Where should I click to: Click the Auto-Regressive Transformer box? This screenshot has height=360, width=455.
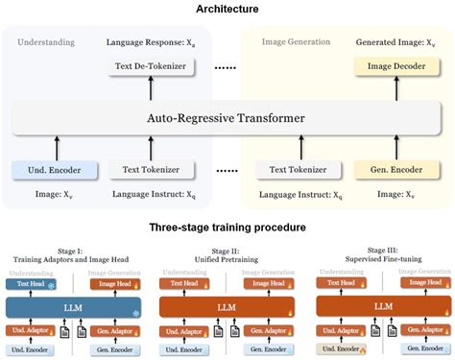tap(227, 119)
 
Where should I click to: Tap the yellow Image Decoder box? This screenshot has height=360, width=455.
tap(389, 67)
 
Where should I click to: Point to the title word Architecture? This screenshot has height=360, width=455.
tap(227, 9)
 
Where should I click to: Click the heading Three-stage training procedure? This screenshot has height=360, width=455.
tap(227, 228)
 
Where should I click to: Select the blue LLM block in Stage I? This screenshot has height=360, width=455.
tap(73, 306)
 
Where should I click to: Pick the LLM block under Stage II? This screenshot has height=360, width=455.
tap(227, 306)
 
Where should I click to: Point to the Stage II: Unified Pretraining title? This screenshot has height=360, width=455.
tap(227, 254)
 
